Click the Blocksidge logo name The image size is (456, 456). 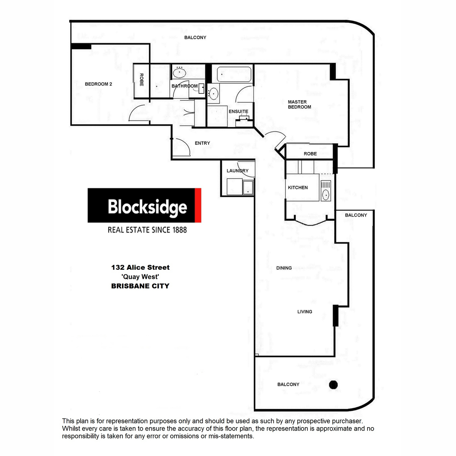click(147, 207)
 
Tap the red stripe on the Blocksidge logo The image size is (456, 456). click(198, 205)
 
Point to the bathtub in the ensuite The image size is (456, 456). click(234, 74)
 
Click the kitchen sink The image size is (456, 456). click(326, 195)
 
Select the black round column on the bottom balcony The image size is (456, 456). click(333, 385)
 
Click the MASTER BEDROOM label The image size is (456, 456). click(299, 104)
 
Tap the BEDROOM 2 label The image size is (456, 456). click(98, 84)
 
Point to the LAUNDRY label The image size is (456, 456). click(237, 171)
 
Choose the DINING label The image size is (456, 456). click(284, 268)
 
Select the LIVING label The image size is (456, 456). click(305, 312)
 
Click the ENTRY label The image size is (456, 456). click(202, 143)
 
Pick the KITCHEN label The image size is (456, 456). click(298, 187)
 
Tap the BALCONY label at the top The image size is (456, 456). click(195, 38)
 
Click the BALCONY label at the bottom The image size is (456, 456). click(288, 385)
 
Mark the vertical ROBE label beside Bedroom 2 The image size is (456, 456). click(141, 80)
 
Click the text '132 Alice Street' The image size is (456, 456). click(140, 268)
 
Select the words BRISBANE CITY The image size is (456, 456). click(140, 286)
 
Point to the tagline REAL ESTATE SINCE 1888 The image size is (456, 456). click(147, 230)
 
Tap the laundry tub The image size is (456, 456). click(248, 187)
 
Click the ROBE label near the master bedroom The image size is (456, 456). click(310, 154)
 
